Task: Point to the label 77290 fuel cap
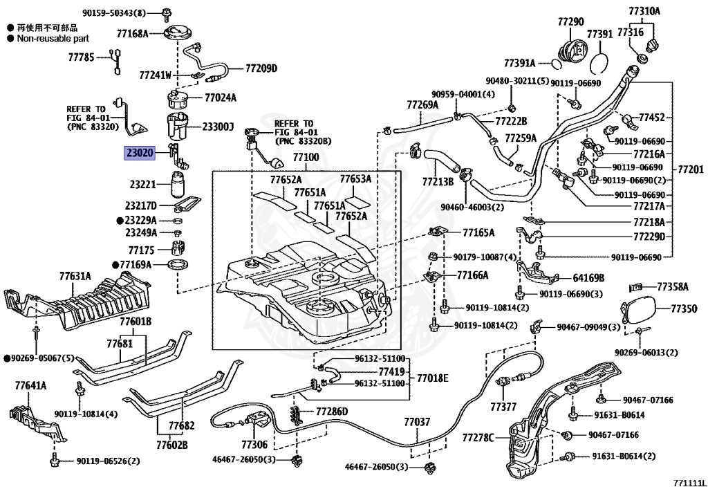pyautogui.click(x=571, y=22)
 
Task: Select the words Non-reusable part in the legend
pyautogui.click(x=53, y=39)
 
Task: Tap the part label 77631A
pyautogui.click(x=75, y=276)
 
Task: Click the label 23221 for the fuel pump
pyautogui.click(x=144, y=185)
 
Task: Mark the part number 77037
pyautogui.click(x=417, y=421)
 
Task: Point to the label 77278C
pyautogui.click(x=478, y=437)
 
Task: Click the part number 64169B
pyautogui.click(x=588, y=278)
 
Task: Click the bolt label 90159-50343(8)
pyautogui.click(x=114, y=13)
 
